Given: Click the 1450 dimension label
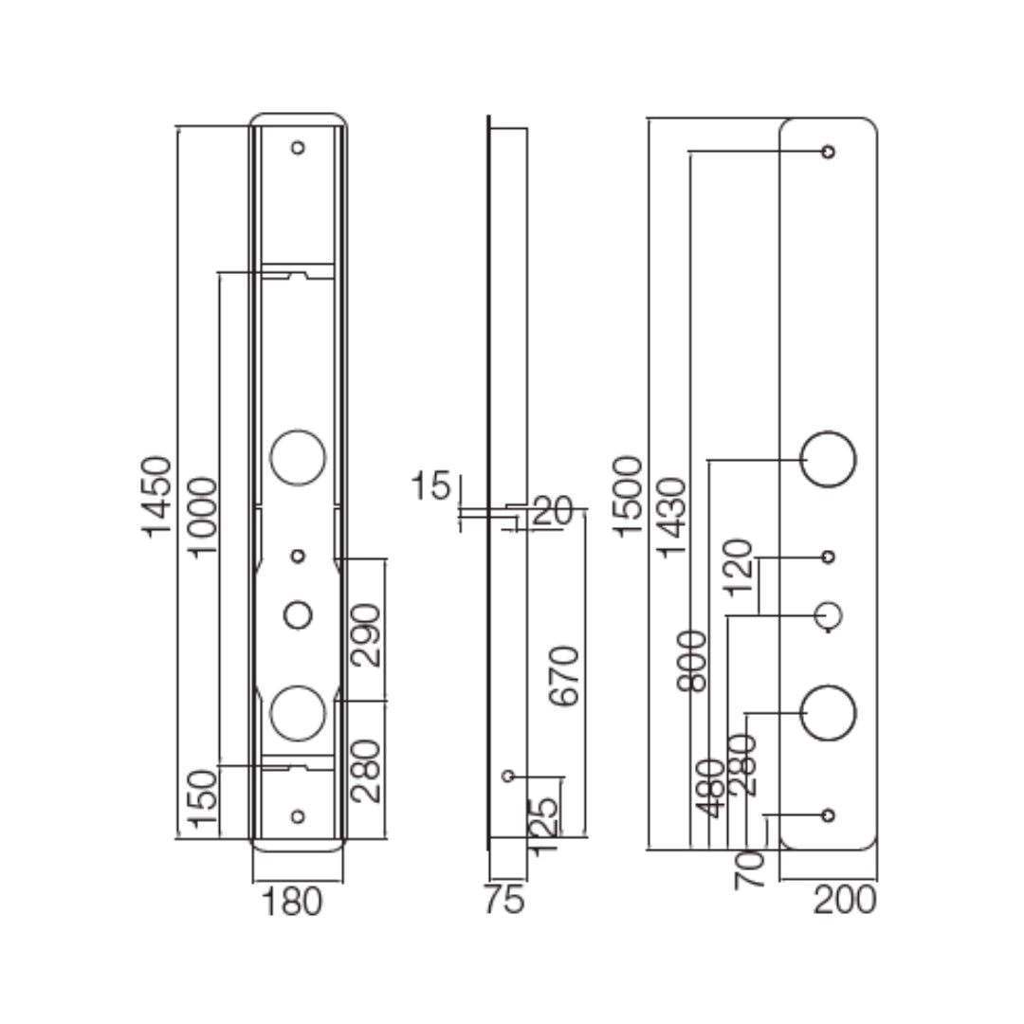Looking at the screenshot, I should pyautogui.click(x=156, y=496).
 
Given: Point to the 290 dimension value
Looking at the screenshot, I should pyautogui.click(x=366, y=634).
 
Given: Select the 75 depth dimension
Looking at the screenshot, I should pyautogui.click(x=503, y=900).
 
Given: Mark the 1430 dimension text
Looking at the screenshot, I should pyautogui.click(x=672, y=518).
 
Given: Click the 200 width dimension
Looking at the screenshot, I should pyautogui.click(x=845, y=900).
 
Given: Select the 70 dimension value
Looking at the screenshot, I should pyautogui.click(x=750, y=869).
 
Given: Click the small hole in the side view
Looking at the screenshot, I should pyautogui.click(x=508, y=777).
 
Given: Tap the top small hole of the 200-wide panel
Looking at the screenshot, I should pyautogui.click(x=829, y=152).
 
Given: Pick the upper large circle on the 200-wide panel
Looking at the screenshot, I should pyautogui.click(x=829, y=459).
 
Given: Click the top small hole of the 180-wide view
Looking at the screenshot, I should pyautogui.click(x=298, y=148).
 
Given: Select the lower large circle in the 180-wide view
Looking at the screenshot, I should pyautogui.click(x=298, y=712).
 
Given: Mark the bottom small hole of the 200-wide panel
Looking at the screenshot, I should pyautogui.click(x=829, y=815).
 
